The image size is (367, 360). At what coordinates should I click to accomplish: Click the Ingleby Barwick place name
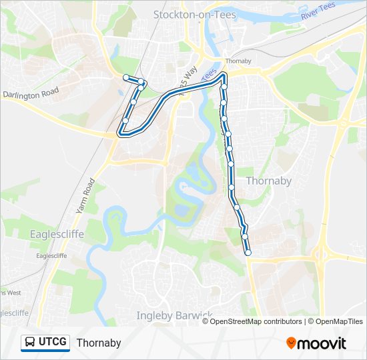(x=174, y=315)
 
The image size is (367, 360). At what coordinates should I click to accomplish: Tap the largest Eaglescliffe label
(x=57, y=234)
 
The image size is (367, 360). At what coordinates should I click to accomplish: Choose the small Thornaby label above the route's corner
(x=238, y=61)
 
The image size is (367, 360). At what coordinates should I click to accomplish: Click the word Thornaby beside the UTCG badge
(x=99, y=343)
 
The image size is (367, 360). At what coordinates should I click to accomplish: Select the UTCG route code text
(x=53, y=343)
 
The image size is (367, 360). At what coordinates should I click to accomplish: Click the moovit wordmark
(x=322, y=343)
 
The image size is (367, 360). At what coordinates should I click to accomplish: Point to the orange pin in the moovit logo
(x=291, y=343)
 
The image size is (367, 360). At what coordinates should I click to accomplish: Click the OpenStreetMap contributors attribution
(x=256, y=321)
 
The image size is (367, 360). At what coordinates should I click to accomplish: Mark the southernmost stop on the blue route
(x=248, y=253)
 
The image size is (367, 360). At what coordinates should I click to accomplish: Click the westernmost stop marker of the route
(x=125, y=78)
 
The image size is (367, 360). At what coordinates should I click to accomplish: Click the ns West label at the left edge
(x=11, y=293)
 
